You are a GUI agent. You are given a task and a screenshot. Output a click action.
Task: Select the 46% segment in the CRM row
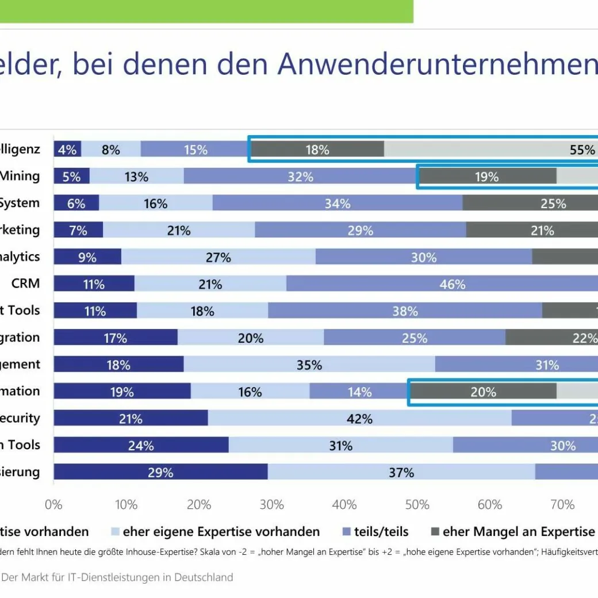pyautogui.click(x=452, y=284)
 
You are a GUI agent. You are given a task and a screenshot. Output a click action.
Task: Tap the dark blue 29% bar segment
pyautogui.click(x=160, y=473)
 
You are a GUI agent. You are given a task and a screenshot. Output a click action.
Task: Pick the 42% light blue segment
pyautogui.click(x=359, y=419)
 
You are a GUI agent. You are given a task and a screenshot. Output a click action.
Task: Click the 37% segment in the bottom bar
pyautogui.click(x=401, y=473)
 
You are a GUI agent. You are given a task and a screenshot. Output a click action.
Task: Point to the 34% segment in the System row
pyautogui.click(x=337, y=203)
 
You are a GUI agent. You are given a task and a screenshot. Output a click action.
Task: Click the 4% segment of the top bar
pyautogui.click(x=67, y=149)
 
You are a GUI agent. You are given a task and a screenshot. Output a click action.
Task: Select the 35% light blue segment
pyautogui.click(x=309, y=365)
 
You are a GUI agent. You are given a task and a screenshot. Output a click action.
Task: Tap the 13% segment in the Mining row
pyautogui.click(x=136, y=177)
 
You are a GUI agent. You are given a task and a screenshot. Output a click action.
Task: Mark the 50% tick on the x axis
pyautogui.click(x=417, y=505)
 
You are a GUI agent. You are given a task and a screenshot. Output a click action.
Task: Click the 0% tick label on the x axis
pyautogui.click(x=53, y=505)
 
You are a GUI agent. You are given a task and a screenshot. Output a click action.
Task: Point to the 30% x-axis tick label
pyautogui.click(x=271, y=505)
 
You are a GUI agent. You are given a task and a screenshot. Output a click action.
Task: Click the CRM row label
pyautogui.click(x=25, y=283)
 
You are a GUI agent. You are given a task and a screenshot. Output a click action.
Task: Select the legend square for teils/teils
pyautogui.click(x=346, y=532)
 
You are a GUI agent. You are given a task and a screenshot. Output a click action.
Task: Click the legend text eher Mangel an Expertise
pyautogui.click(x=519, y=532)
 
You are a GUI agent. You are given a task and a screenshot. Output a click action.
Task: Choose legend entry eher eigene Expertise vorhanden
pyautogui.click(x=221, y=532)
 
